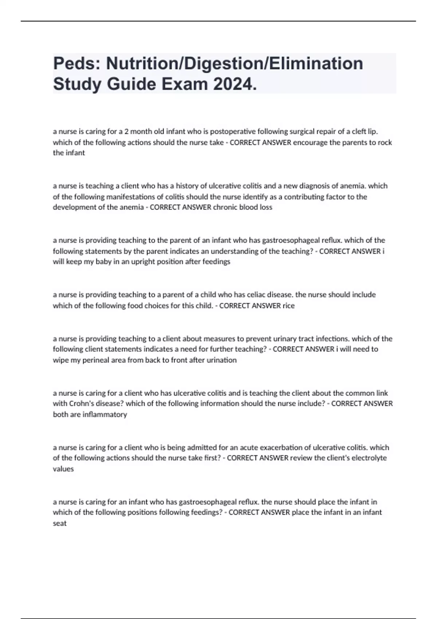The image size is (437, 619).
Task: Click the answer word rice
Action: [x=288, y=305]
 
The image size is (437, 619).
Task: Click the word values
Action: [x=63, y=469]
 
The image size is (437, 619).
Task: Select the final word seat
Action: [x=60, y=523]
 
